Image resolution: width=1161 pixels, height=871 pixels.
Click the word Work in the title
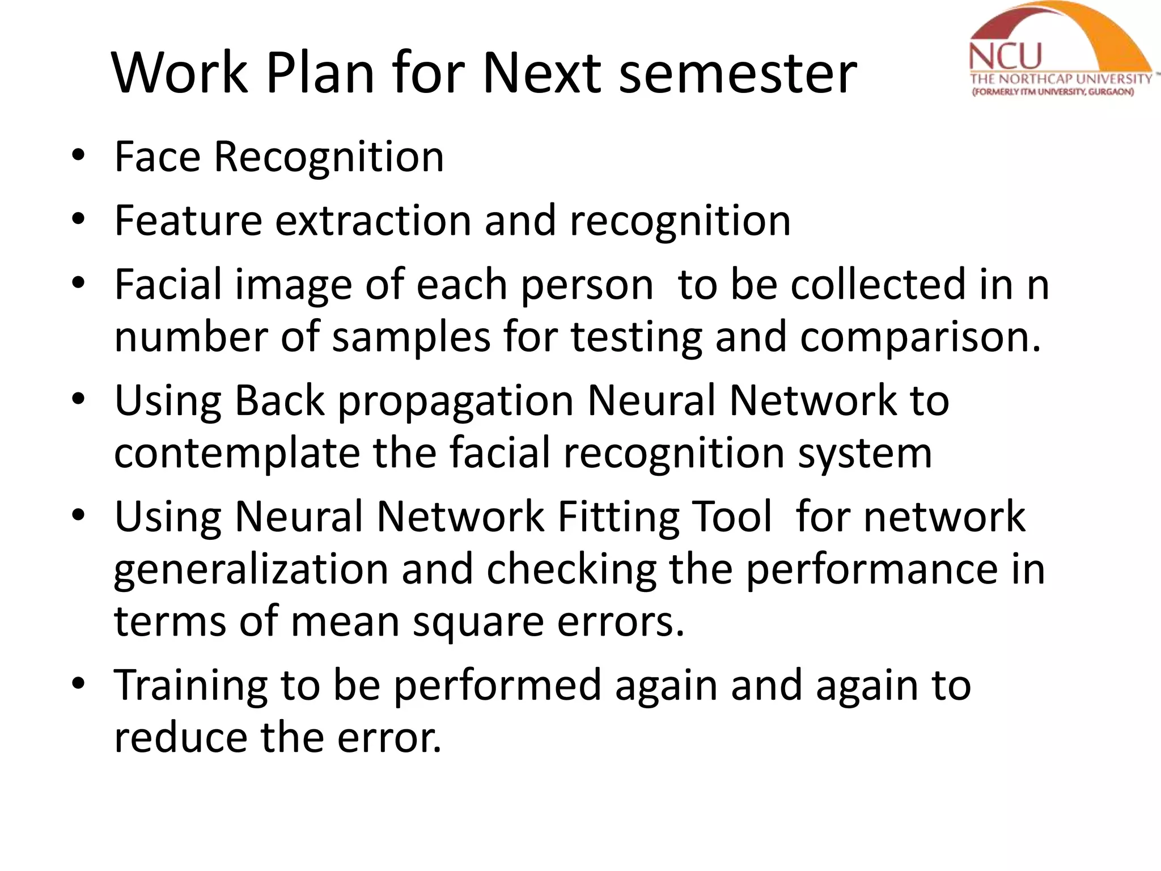click(x=180, y=73)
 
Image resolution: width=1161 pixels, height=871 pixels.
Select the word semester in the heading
click(x=738, y=73)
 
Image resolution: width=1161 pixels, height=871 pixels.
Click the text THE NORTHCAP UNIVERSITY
click(x=1061, y=79)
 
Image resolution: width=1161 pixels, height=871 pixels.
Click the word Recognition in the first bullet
click(x=329, y=157)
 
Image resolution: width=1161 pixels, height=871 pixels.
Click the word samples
click(x=411, y=336)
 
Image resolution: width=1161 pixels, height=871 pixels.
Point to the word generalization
click(x=251, y=570)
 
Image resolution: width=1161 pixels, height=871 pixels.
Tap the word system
click(x=865, y=454)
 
